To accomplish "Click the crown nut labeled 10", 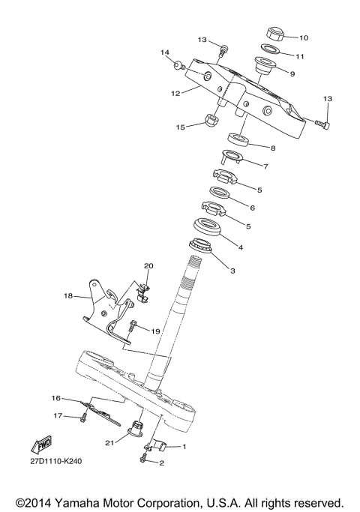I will (274, 34).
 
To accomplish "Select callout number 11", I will (300, 56).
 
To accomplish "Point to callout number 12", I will (175, 94).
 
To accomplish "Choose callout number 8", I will (272, 148).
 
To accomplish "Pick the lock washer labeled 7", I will (231, 157).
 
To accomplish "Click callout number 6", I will (252, 208).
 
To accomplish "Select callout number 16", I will (55, 397).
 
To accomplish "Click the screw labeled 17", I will (79, 417).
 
